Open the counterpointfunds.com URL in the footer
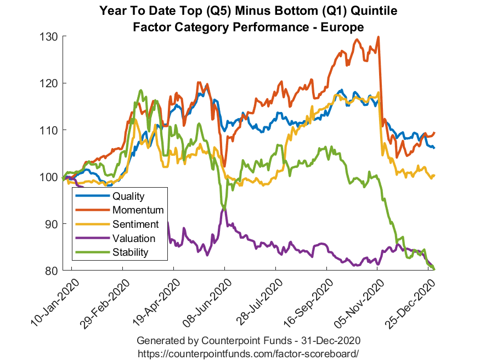tap(248, 351)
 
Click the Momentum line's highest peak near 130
tap(379, 37)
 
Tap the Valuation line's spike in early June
tap(224, 208)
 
